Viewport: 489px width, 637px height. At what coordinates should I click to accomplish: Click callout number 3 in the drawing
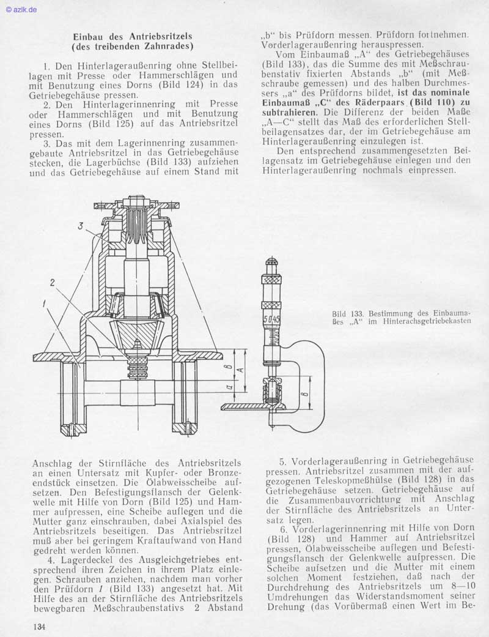point(80,226)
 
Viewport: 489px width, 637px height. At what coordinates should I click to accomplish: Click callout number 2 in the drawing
point(53,282)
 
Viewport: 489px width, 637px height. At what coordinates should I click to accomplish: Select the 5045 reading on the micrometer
point(272,319)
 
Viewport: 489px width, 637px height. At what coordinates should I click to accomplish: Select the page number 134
point(40,626)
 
